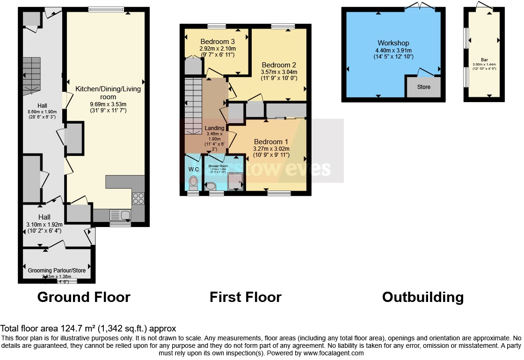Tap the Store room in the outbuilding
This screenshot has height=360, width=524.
click(423, 87)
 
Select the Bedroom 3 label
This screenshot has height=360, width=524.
click(218, 41)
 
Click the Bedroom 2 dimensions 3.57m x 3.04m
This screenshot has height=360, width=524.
click(279, 72)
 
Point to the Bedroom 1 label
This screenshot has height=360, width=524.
click(271, 142)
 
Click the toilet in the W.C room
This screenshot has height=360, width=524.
click(193, 183)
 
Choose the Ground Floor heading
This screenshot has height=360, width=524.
click(84, 297)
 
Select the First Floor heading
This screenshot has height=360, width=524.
click(246, 297)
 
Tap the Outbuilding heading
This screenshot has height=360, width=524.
click(422, 297)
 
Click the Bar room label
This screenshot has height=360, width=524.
click(484, 60)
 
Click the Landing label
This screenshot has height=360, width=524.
click(214, 128)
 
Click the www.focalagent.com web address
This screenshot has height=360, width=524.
click(330, 353)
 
